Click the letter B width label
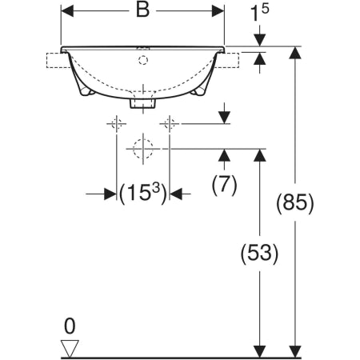[x=142, y=10]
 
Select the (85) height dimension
[x=295, y=203]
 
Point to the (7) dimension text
[x=224, y=185]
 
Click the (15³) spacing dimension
[x=143, y=193]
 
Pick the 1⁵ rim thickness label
[x=260, y=13]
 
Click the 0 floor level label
[x=70, y=326]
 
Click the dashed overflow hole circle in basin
[x=143, y=60]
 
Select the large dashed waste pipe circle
[x=143, y=149]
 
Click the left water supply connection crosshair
[x=117, y=124]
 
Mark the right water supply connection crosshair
[x=170, y=124]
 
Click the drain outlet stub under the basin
[x=143, y=103]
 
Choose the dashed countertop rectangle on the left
[x=58, y=60]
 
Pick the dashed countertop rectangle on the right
[x=227, y=60]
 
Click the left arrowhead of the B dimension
[x=67, y=11]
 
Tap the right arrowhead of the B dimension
[x=218, y=11]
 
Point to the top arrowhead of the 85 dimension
[x=295, y=53]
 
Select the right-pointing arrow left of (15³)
[x=101, y=194]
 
